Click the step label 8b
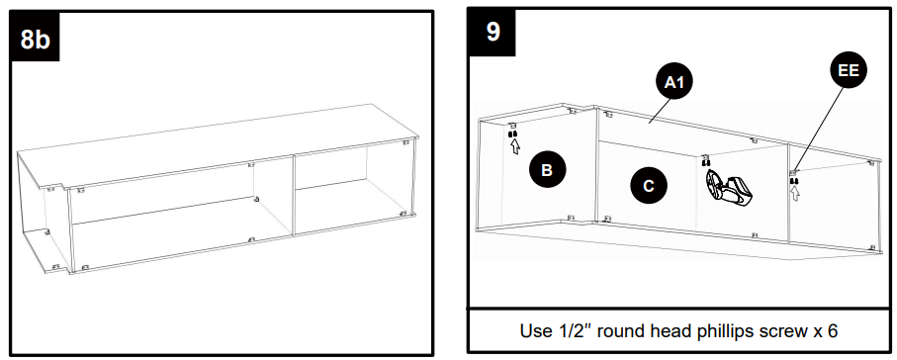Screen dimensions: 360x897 (x=35, y=41)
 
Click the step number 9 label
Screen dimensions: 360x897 (x=493, y=32)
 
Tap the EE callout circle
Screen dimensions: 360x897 (x=849, y=72)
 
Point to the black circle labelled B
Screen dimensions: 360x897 (x=546, y=169)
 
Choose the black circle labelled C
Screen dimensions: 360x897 (x=648, y=185)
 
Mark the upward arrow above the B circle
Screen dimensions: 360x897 (x=513, y=148)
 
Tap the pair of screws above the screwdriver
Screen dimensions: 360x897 (x=705, y=163)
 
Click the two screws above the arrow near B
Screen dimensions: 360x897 (x=513, y=135)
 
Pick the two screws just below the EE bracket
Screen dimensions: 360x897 (x=793, y=181)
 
